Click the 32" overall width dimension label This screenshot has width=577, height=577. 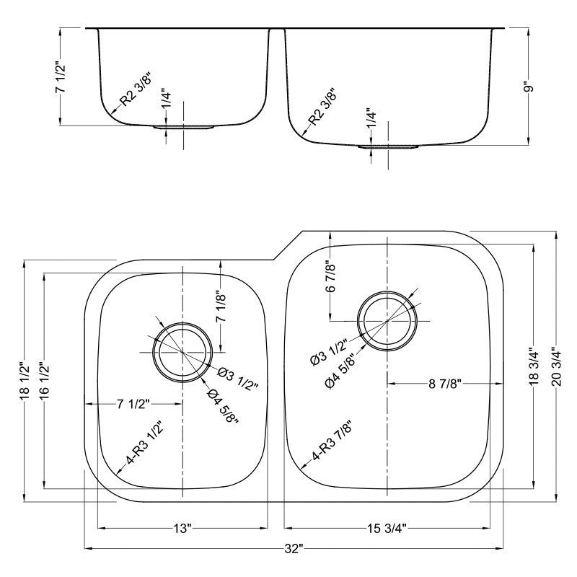[292, 549]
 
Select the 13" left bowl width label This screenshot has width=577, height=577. [182, 529]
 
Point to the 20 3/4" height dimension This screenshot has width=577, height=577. [556, 366]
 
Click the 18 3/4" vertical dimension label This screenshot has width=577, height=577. [534, 366]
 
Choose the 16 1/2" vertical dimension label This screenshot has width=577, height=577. [45, 380]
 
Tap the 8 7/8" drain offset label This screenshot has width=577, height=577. [445, 383]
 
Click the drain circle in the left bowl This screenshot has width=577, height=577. [182, 351]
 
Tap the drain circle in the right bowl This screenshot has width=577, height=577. [387, 320]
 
